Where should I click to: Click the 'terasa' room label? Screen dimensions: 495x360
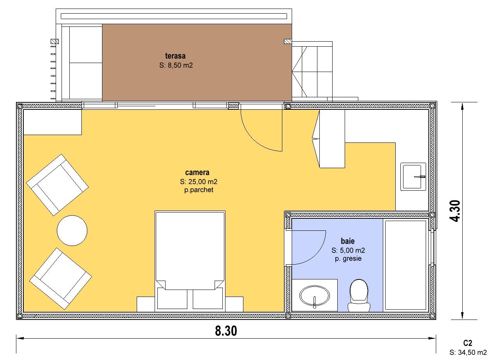[175, 56]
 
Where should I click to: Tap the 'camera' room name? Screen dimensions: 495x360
[197, 172]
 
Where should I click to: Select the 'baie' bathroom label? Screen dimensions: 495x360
[348, 241]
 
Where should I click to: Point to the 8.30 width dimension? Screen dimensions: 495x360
[226, 331]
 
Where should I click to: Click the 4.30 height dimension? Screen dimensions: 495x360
[455, 211]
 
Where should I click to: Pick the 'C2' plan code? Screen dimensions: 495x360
[468, 343]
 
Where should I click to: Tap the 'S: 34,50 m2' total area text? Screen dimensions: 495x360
[468, 352]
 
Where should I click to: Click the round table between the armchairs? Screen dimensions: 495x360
[72, 230]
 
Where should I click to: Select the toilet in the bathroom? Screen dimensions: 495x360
[359, 295]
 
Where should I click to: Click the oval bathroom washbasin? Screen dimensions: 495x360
[314, 296]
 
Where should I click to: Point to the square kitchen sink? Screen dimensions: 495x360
[413, 177]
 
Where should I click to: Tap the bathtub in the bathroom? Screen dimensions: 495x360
[405, 265]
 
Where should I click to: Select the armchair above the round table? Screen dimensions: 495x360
[58, 185]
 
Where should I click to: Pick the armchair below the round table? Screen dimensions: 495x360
[60, 279]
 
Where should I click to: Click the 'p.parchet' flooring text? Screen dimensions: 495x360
[199, 190]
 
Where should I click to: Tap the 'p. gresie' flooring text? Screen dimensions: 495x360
[348, 258]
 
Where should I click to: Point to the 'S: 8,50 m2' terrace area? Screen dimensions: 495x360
[176, 65]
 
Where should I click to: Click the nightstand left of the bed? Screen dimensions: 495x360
[146, 304]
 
